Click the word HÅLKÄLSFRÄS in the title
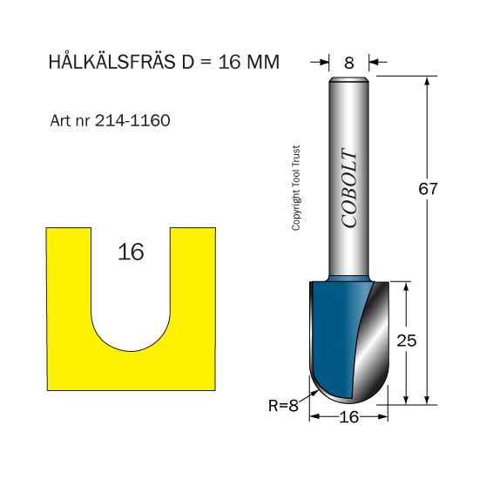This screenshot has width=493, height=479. pos(111,61)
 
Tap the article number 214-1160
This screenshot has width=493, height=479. pos(132,120)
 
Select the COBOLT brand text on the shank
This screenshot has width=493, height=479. pos(349,187)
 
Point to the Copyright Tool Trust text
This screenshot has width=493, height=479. pos(296,188)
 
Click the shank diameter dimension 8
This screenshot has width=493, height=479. pos(349,63)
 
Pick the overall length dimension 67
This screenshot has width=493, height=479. pos(428,189)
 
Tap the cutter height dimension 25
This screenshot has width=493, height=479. pos(406,341)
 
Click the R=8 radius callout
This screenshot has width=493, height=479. pos(283,406)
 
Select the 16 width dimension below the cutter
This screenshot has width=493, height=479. pos(349,417)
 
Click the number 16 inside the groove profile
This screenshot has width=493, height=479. pos(131,252)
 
